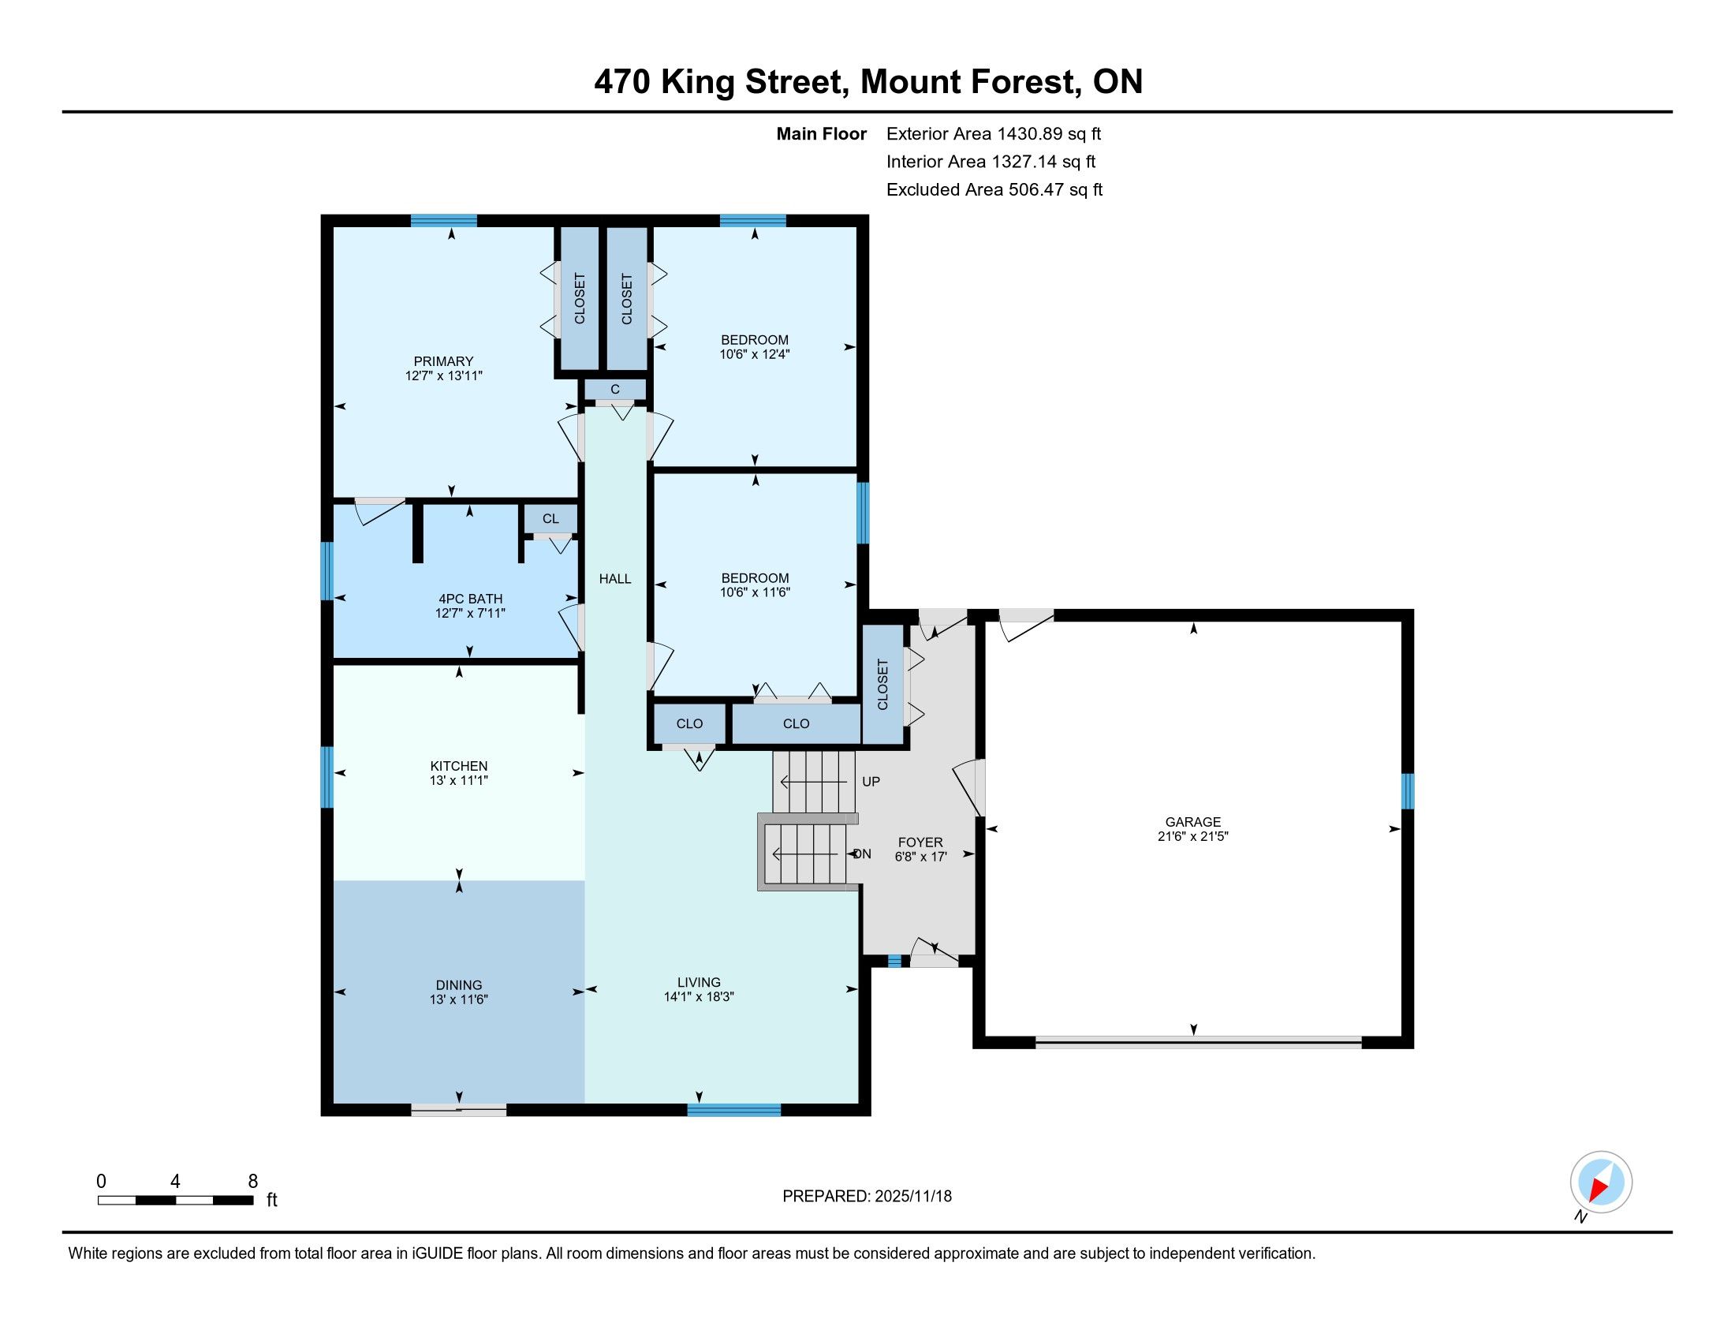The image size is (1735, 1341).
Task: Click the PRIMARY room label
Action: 443,361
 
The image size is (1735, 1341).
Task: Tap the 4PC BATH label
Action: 470,599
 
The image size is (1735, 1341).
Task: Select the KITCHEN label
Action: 458,766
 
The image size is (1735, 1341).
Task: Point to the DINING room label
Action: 458,985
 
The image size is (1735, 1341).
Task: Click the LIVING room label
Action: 699,982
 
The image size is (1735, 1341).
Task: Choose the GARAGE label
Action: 1193,822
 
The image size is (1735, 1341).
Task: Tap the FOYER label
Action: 920,843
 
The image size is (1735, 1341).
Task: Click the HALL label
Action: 615,579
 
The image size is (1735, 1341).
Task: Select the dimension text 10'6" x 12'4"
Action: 755,354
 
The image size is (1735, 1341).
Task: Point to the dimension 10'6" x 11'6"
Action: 755,592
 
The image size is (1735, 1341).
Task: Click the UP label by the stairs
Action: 871,782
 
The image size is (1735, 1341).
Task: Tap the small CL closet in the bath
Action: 550,519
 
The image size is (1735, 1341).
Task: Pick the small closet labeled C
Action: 615,390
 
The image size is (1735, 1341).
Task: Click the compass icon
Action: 1601,1182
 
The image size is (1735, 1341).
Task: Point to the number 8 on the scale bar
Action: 252,1182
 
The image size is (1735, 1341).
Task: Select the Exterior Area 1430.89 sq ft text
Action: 994,134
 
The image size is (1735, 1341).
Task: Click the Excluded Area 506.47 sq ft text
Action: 994,190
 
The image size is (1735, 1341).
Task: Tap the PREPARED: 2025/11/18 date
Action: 867,1197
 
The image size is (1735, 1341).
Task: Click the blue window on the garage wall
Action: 1408,791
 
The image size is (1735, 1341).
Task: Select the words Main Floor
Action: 822,134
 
